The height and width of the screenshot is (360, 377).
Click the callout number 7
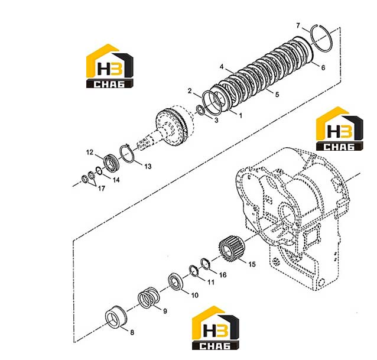298,25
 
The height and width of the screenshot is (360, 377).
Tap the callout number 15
252,264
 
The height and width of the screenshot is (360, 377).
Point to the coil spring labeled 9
149,298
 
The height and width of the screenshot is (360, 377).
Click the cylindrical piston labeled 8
116,317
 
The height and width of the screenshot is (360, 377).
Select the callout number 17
101,189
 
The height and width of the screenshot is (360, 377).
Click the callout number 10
194,295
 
